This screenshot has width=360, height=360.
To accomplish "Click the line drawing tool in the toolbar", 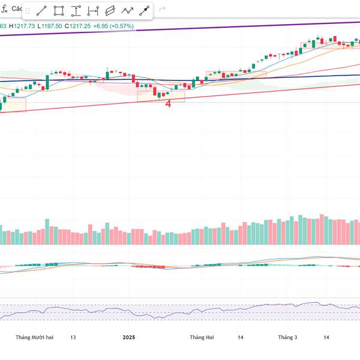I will point(42,11).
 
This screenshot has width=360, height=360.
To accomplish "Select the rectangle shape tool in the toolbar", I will point(59,11).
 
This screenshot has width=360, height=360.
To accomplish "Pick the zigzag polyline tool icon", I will point(127,11).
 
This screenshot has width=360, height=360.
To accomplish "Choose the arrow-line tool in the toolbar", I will point(145,11).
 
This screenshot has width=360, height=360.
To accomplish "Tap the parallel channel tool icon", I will point(110,11).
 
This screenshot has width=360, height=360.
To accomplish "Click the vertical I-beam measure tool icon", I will point(76,11).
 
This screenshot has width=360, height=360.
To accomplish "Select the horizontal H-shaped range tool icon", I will point(93,11).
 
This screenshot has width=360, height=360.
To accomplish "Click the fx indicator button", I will point(4,10).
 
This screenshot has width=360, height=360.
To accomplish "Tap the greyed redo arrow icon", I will point(163,10).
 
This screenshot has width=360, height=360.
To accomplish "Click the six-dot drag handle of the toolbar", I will point(28,11).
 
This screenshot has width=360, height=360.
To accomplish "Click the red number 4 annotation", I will point(168,103).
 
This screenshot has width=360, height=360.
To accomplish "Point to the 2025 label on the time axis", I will point(128,337).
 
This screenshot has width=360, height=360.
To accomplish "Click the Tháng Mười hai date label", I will point(35,337).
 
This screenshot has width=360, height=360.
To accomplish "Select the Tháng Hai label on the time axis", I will point(202,337).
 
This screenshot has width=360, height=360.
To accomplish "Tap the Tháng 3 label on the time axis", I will point(287,337).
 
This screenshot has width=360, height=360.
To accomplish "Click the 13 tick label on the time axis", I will point(73,337).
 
